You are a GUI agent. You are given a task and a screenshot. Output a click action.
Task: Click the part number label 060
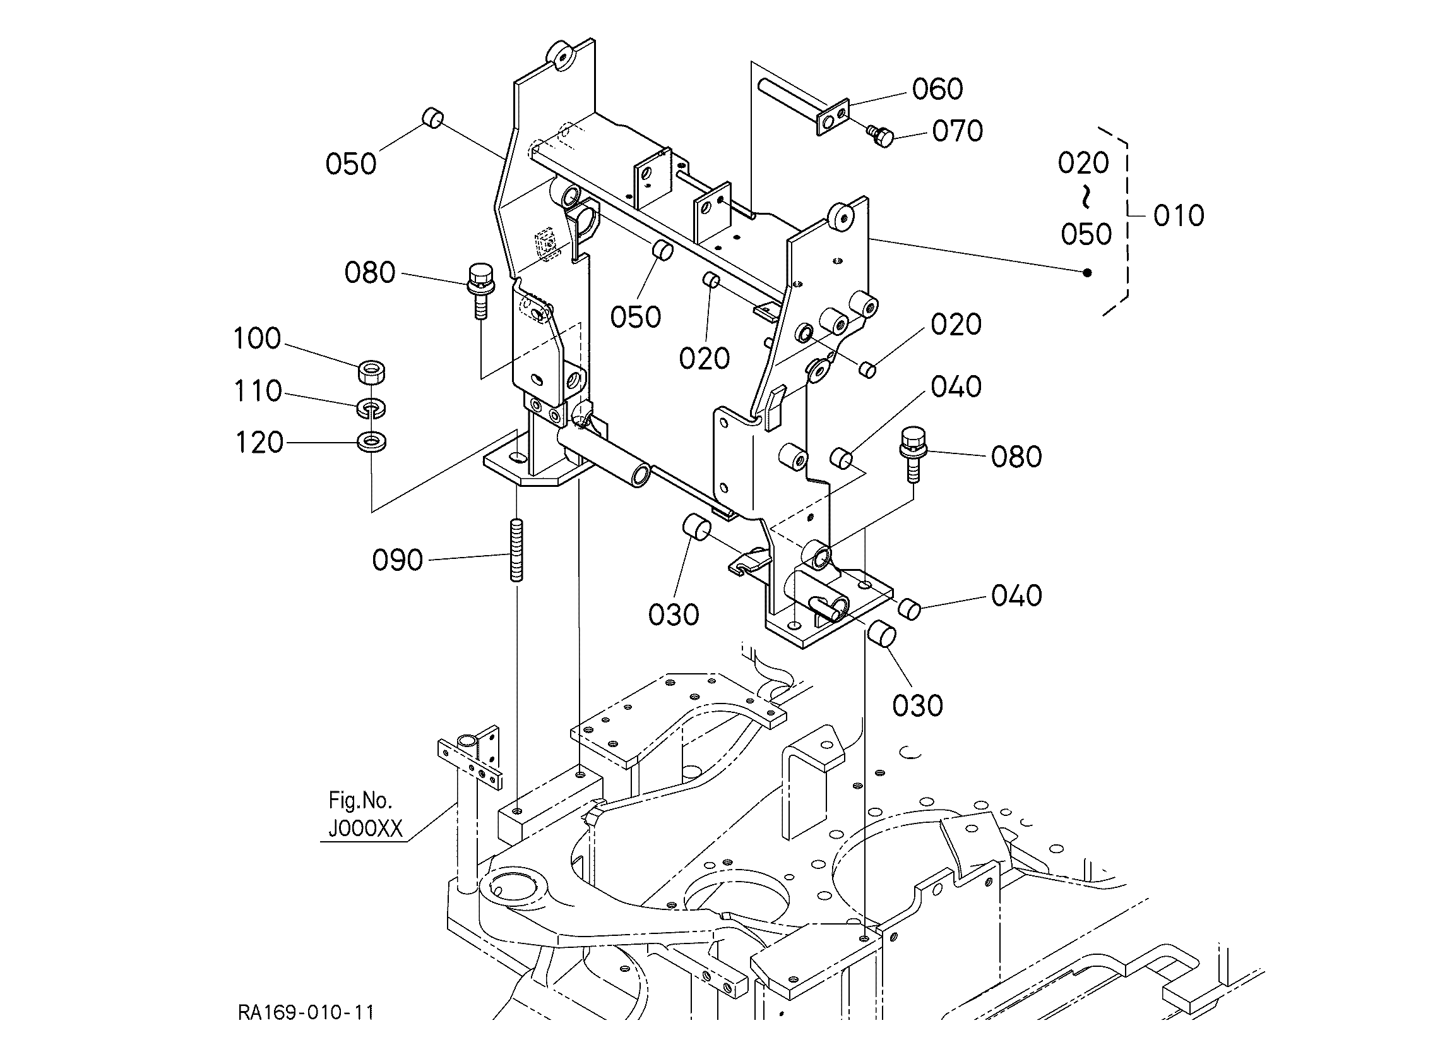click(937, 90)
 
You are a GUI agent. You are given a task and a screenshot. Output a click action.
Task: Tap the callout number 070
click(957, 131)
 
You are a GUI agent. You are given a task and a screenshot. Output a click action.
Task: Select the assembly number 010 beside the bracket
click(1179, 216)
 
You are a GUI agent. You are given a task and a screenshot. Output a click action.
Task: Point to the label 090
click(398, 560)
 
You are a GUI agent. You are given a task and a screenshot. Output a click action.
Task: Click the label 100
click(257, 338)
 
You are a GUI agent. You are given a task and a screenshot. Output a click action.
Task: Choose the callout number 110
click(258, 391)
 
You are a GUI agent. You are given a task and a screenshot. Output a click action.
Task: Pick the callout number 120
click(259, 443)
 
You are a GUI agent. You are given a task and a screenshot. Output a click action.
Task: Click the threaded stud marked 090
click(516, 550)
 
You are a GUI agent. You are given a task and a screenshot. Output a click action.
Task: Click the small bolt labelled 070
click(879, 135)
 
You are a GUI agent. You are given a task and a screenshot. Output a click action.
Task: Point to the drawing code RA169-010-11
click(306, 1012)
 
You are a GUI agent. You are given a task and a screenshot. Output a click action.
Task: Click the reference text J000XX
click(366, 829)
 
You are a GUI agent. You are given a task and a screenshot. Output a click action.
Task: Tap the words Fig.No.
click(360, 799)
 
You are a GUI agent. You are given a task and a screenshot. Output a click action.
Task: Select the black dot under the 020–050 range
click(1086, 273)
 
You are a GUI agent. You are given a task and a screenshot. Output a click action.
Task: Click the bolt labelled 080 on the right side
click(912, 455)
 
